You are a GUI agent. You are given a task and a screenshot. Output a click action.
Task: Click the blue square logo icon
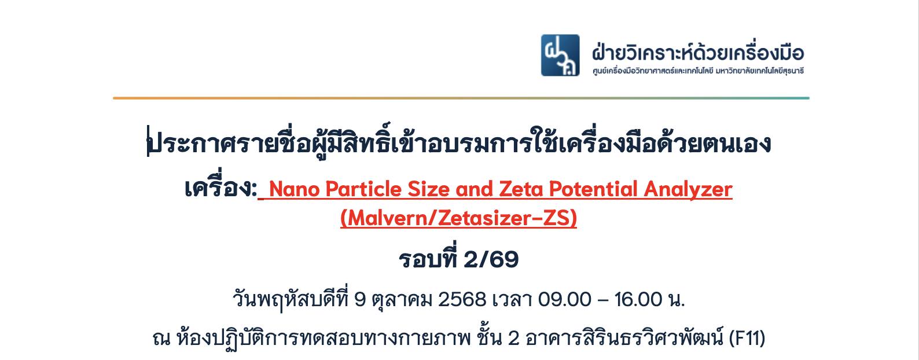[x=560, y=55]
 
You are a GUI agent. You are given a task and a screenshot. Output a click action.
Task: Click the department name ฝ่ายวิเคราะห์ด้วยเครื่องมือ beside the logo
[x=698, y=52]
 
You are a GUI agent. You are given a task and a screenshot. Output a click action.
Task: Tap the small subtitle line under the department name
[x=698, y=71]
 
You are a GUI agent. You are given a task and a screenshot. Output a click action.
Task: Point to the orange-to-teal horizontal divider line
[x=461, y=98]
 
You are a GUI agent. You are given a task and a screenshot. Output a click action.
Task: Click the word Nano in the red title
[x=294, y=189]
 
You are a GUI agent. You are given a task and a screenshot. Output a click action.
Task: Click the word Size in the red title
[x=428, y=189]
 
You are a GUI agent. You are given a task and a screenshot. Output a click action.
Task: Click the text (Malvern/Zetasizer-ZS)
[x=459, y=218]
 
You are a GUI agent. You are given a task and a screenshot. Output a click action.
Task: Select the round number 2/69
[x=491, y=259]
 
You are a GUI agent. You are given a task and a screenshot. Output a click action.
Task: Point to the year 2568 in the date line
[x=462, y=300]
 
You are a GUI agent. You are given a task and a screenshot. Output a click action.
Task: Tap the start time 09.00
[x=564, y=300]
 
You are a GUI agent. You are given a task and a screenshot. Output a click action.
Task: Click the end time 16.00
[x=638, y=300]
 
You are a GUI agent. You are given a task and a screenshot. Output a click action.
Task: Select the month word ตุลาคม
[x=402, y=300]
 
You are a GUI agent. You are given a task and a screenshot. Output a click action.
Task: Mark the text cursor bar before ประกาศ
[x=148, y=141]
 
